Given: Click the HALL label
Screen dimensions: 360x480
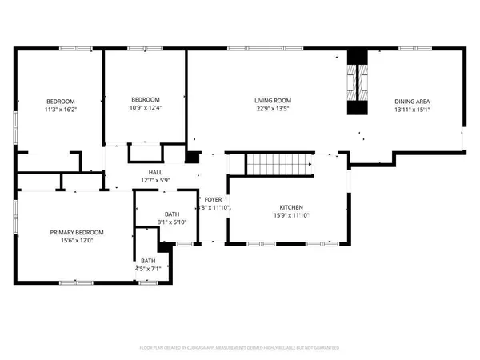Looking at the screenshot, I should (156, 172).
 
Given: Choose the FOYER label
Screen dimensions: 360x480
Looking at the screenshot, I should (213, 199).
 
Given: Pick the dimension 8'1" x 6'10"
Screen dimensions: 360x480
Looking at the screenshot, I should (172, 222).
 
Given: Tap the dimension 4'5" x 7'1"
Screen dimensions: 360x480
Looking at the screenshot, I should (149, 269).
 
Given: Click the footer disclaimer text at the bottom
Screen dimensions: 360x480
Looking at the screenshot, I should (240, 348).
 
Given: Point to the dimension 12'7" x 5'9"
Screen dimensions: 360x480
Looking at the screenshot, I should (156, 181).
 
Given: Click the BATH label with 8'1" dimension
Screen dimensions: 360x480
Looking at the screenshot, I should (172, 214).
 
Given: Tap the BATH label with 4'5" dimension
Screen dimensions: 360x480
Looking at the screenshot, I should (149, 260).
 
